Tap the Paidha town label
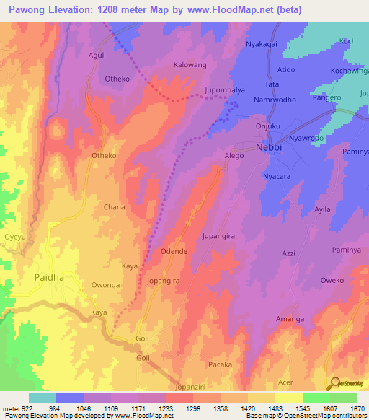49,276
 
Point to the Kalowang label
190,65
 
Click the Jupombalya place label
225,91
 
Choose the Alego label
234,155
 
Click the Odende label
174,251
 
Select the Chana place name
114,207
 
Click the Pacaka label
220,364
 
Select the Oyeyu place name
14,236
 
